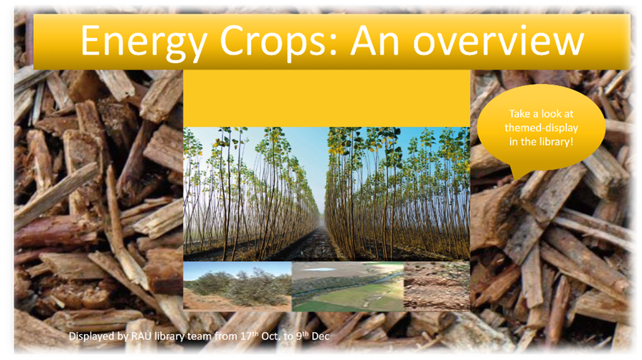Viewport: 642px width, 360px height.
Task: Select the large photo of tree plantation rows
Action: point(326,194)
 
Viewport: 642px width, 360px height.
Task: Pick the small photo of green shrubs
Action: point(237,285)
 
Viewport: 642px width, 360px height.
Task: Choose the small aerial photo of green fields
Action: point(347,285)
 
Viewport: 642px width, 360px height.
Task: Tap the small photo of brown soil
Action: point(436,285)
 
